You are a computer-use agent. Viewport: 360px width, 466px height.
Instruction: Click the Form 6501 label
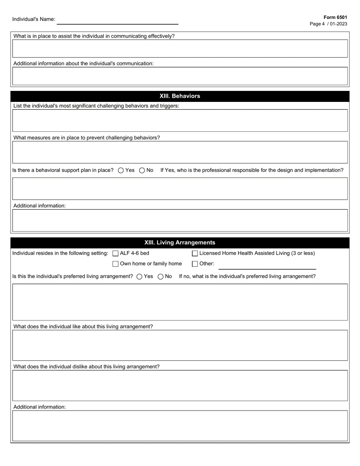(335, 17)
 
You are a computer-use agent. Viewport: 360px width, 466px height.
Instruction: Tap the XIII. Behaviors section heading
(180, 96)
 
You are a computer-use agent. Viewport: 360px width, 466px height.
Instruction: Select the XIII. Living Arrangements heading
(180, 242)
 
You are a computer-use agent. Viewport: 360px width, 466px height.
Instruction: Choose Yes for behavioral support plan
(121, 170)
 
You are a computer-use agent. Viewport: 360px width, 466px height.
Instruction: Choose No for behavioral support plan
(142, 170)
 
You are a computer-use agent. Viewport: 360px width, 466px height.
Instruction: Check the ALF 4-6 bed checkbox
(116, 253)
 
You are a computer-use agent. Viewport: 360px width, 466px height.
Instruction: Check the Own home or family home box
(116, 264)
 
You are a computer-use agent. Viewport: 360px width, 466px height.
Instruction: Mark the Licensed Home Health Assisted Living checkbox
(195, 253)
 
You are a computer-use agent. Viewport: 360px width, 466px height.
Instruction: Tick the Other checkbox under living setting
(195, 264)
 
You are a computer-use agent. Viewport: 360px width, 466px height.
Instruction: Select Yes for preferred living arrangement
(139, 277)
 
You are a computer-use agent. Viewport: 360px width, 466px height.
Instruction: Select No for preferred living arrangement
(161, 277)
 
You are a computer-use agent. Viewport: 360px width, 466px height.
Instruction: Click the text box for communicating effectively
(180, 48)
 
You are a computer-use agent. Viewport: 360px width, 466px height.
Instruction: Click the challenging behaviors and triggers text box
(180, 120)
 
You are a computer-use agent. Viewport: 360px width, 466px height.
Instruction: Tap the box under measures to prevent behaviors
(180, 152)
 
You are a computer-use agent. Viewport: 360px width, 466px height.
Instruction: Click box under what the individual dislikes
(180, 385)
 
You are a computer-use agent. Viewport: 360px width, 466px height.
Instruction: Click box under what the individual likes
(180, 345)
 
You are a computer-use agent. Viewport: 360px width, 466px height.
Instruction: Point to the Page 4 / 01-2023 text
(328, 24)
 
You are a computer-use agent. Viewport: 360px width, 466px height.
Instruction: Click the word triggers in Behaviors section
(169, 106)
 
